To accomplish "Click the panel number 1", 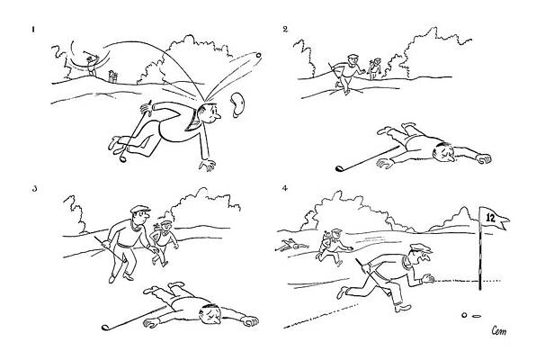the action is coord(33,30).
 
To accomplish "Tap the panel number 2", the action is coord(285,29).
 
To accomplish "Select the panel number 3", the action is coord(34,189).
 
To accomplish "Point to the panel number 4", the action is coord(285,188).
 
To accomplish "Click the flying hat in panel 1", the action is coord(238,104).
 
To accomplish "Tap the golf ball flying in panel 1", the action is coord(258,55).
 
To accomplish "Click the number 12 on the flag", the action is coord(490,218).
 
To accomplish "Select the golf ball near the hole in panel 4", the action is coord(464,315).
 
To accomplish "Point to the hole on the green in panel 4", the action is coord(476,316).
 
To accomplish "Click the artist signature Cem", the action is coord(499,331).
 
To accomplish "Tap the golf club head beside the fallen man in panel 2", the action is coord(339,168).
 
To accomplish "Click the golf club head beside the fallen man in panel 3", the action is coord(105,328).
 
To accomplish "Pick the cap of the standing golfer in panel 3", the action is coord(140,210).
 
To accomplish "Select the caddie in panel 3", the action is coord(164,242).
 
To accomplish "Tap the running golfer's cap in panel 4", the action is coord(421,248).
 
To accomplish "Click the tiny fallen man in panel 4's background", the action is coord(292,245).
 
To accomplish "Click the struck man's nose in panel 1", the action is coord(218,116).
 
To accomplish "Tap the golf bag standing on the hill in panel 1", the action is coord(112,76).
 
